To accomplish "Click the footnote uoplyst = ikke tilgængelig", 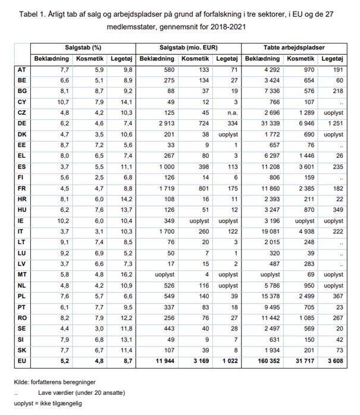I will pos(49,403).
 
